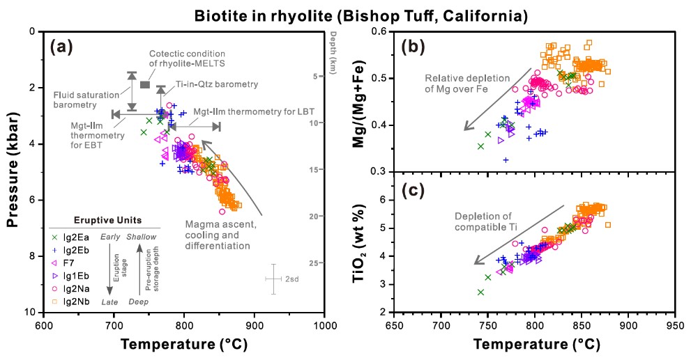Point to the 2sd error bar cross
tap(274, 279)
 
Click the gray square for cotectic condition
tap(144, 84)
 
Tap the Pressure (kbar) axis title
tap(13, 172)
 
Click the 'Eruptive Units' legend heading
tap(106, 220)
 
